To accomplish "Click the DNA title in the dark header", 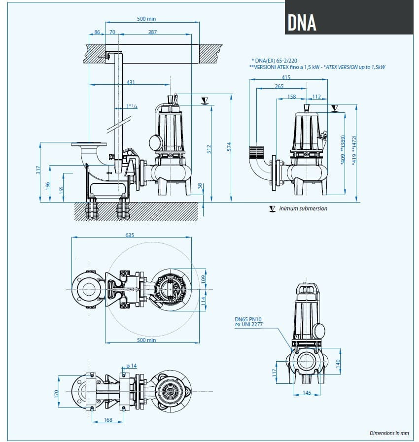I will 302,21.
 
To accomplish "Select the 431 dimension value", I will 131,82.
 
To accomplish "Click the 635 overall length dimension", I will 129,235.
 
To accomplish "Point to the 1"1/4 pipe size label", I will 132,106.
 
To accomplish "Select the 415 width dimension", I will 286,77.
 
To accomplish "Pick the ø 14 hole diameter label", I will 131,365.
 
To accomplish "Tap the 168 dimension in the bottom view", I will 108,420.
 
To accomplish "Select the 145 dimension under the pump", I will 307,393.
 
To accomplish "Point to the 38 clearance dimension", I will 200,186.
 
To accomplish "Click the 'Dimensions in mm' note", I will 389,433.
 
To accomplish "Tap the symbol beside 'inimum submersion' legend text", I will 272,208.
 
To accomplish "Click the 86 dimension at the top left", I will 97,32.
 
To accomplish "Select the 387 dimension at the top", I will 152,32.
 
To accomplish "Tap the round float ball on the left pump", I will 155,142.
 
